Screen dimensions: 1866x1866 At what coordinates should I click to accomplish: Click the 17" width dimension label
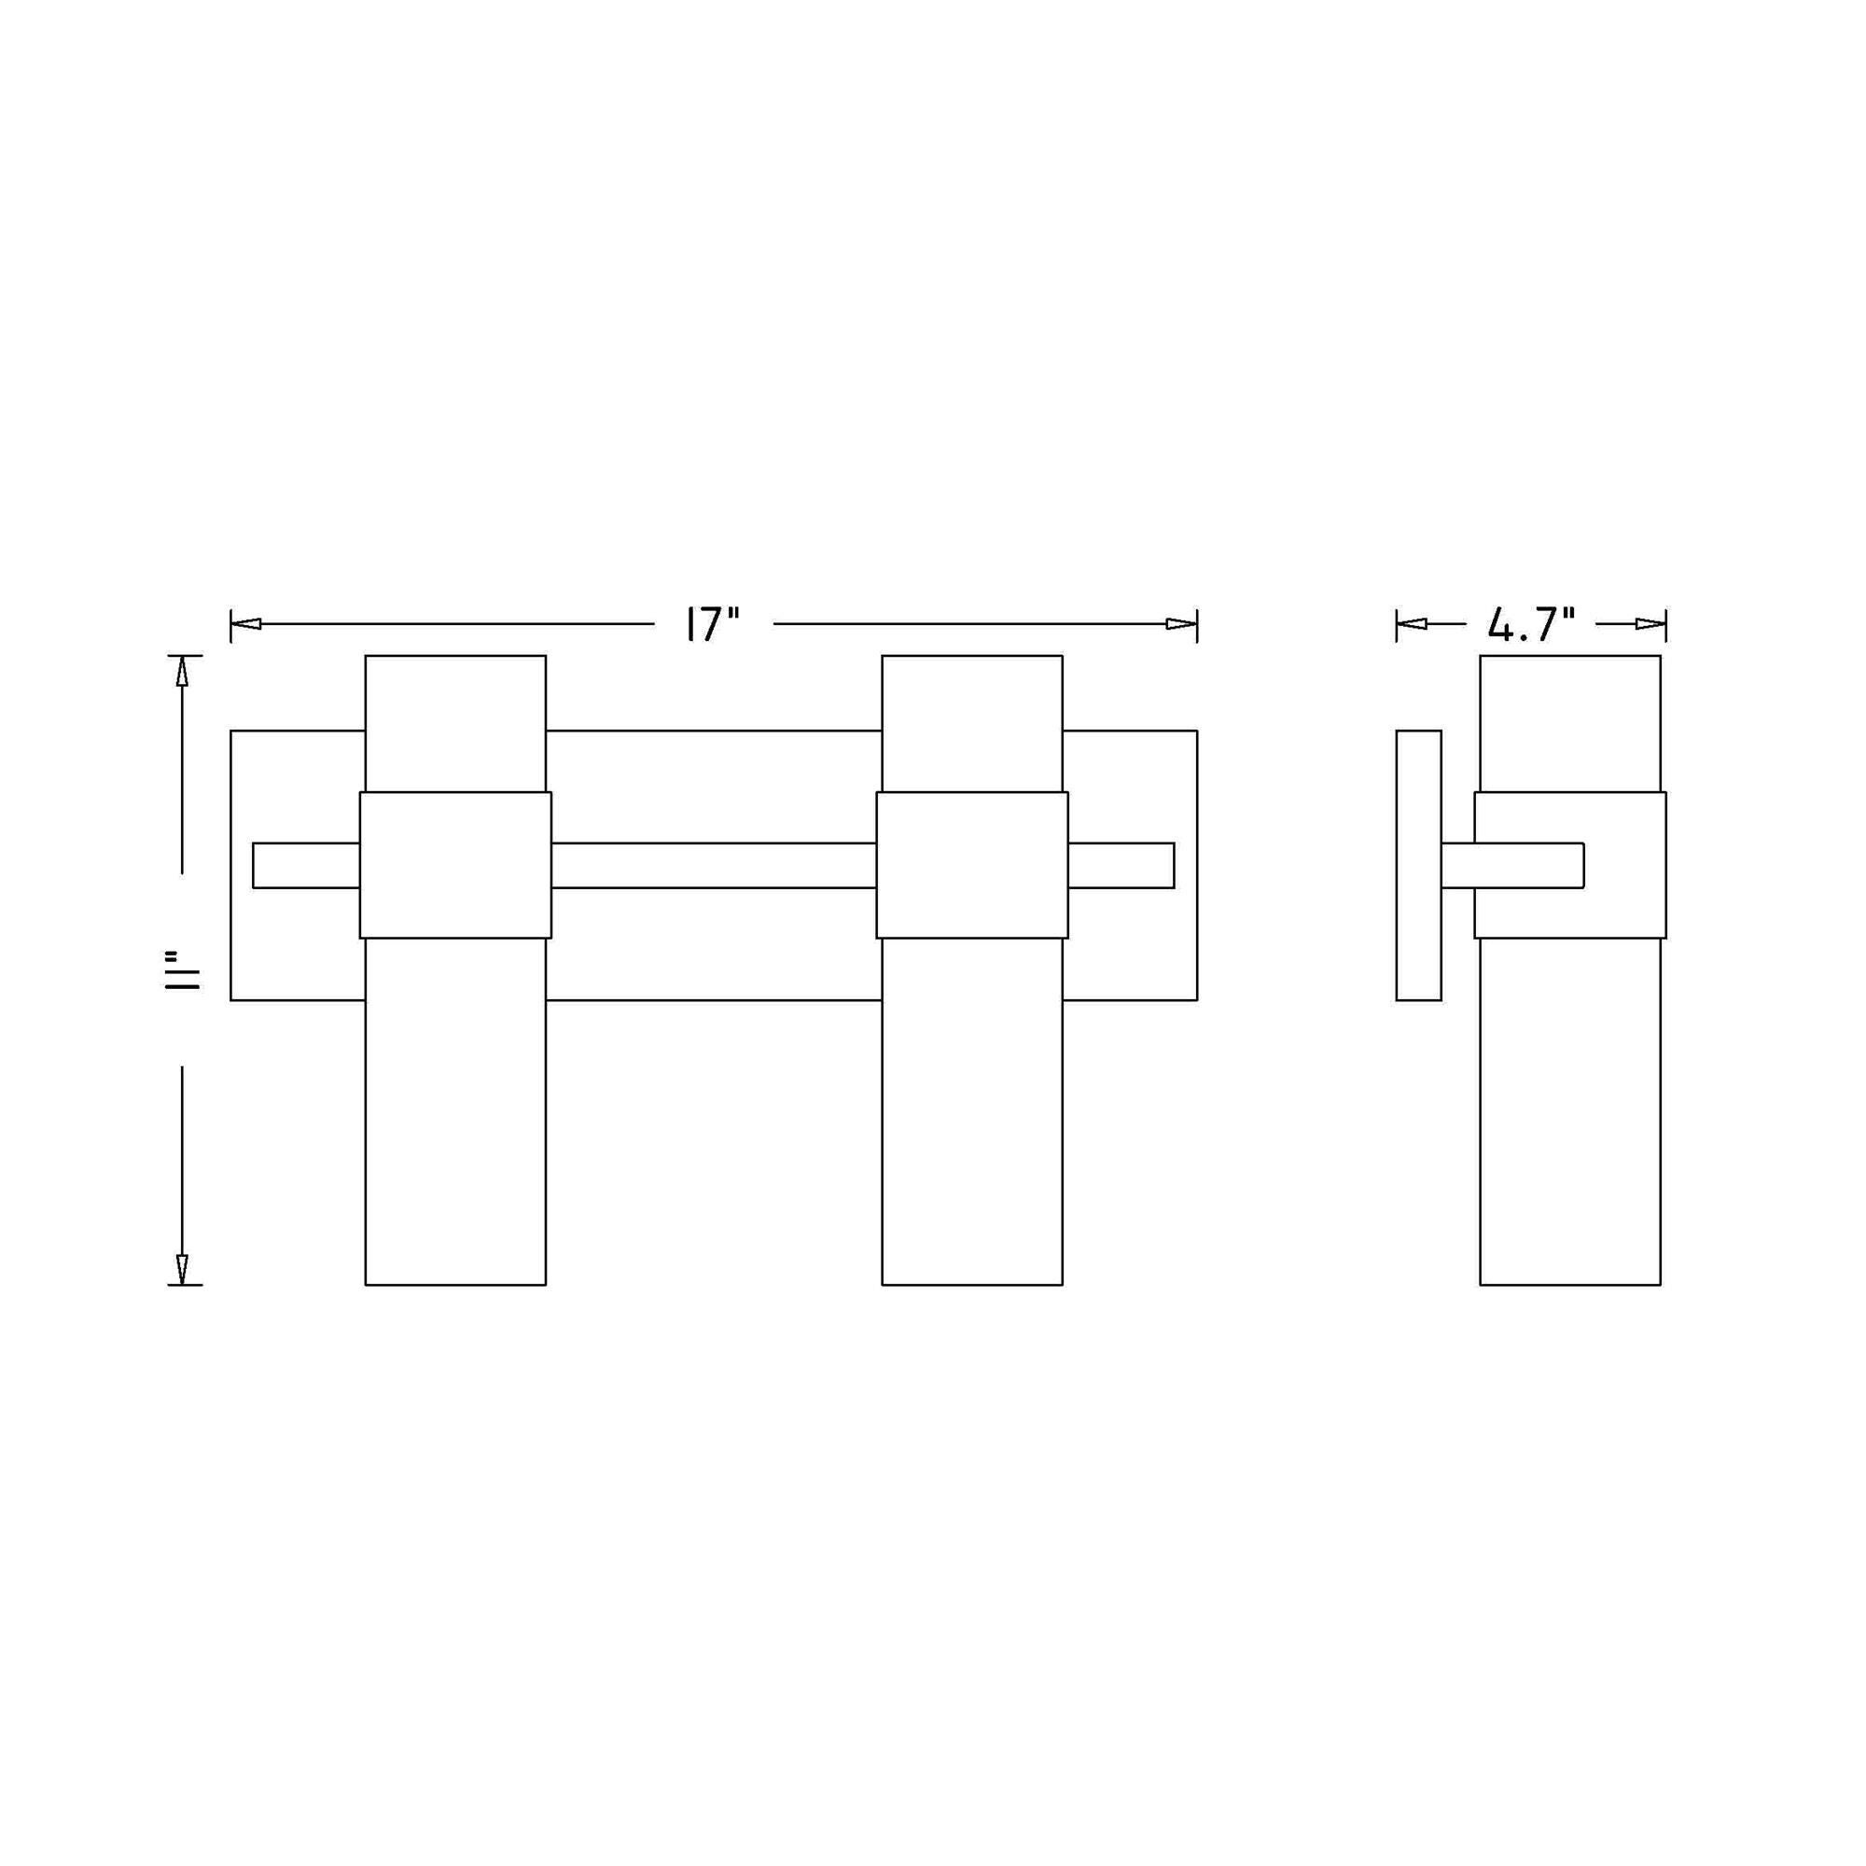pyautogui.click(x=713, y=623)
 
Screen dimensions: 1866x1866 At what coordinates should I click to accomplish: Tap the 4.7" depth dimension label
pyautogui.click(x=1531, y=624)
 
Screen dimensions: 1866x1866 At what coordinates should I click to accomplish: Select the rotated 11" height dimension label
pyautogui.click(x=182, y=969)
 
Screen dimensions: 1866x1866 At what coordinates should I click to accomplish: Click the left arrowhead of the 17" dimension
pyautogui.click(x=246, y=624)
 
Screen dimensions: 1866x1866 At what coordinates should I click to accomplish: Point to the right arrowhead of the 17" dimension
pyautogui.click(x=1181, y=624)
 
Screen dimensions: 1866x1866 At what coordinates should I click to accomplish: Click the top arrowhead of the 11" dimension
pyautogui.click(x=182, y=671)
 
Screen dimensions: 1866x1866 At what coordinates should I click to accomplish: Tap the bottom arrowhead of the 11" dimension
pyautogui.click(x=182, y=1269)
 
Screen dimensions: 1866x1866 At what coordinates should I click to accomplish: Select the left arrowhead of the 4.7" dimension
pyautogui.click(x=1412, y=624)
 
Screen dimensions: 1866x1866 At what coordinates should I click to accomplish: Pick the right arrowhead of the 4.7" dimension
pyautogui.click(x=1650, y=624)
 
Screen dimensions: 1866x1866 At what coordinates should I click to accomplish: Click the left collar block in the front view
pyautogui.click(x=456, y=865)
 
